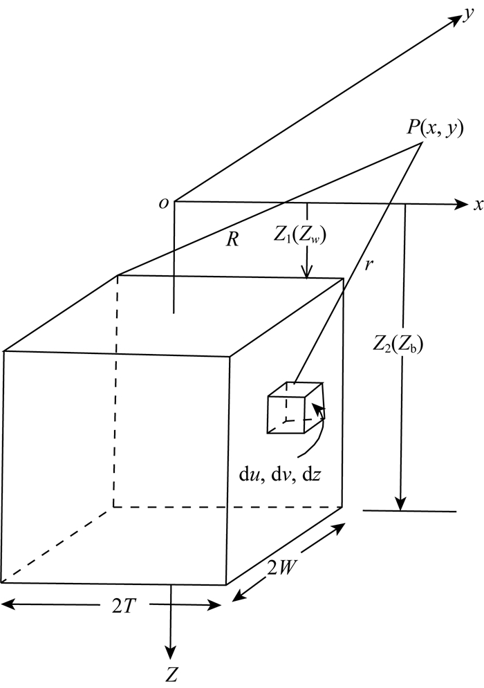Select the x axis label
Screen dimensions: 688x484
point(477,205)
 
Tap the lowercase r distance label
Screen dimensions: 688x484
point(369,264)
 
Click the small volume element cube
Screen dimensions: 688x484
point(294,409)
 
